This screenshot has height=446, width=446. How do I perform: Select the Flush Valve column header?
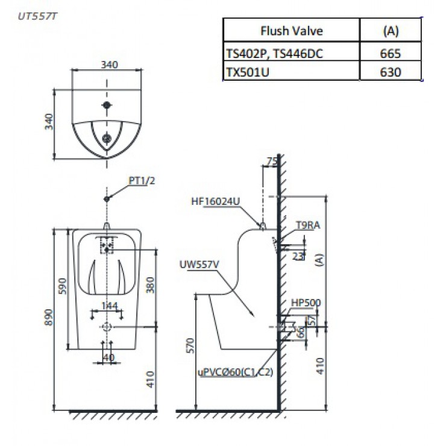(x=291, y=31)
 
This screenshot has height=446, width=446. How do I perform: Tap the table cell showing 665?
(x=391, y=53)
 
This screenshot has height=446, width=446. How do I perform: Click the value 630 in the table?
(x=391, y=72)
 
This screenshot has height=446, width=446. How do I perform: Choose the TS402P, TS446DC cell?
(x=274, y=53)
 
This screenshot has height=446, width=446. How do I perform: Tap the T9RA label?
(x=307, y=225)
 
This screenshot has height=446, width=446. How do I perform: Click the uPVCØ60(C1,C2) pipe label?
(x=235, y=372)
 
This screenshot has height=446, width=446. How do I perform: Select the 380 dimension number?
(x=151, y=286)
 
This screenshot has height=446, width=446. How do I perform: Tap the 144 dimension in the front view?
(x=108, y=306)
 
